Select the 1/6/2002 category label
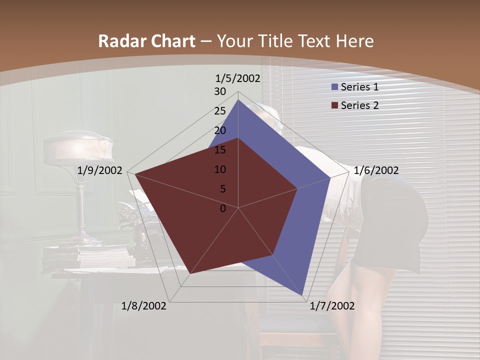click(376, 170)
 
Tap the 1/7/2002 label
click(332, 306)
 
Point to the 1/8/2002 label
click(144, 306)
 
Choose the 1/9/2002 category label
click(100, 170)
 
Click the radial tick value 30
click(220, 91)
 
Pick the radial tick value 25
click(220, 111)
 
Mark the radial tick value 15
click(220, 150)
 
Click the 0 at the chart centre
click(223, 208)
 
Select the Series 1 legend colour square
click(335, 87)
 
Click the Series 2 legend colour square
click(335, 105)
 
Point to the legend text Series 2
click(359, 105)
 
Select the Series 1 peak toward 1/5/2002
click(238, 100)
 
